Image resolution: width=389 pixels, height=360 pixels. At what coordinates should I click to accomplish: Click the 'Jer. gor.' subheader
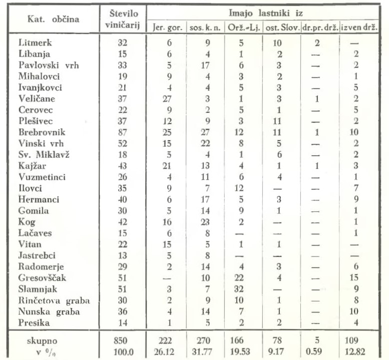tap(166, 28)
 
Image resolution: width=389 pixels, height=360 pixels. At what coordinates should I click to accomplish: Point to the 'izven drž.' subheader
tap(358, 28)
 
